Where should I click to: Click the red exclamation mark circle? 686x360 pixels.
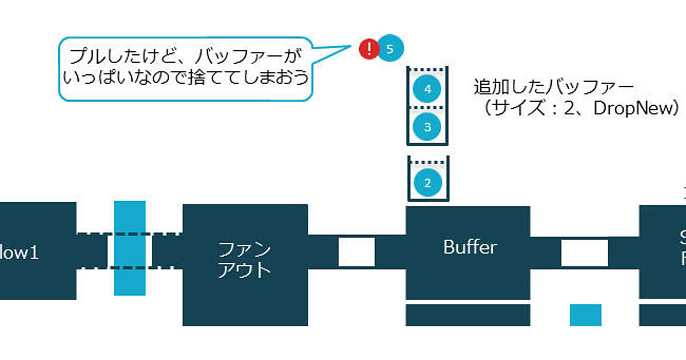pos(369,49)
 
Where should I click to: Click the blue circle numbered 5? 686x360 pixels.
pos(390,49)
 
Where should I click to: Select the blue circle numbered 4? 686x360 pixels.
pos(427,89)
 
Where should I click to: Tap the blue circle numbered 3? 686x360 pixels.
pos(427,125)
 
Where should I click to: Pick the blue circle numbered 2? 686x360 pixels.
pos(427,182)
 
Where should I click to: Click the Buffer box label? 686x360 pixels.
pos(470,247)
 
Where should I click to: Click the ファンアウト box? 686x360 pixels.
pos(245,259)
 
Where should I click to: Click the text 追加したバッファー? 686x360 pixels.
pos(553,87)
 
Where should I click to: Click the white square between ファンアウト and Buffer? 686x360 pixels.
pos(357,252)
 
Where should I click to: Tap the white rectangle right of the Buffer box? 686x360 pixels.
pos(584,253)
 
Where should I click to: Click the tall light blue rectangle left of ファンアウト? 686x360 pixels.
pos(130,248)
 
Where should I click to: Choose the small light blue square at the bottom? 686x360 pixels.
pos(585,315)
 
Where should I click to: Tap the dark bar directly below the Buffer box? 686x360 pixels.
pos(468,315)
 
